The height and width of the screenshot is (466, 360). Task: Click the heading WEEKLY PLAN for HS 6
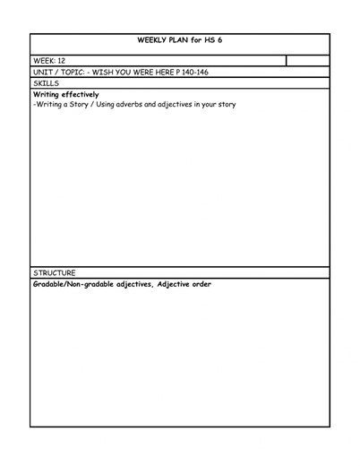pos(179,41)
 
